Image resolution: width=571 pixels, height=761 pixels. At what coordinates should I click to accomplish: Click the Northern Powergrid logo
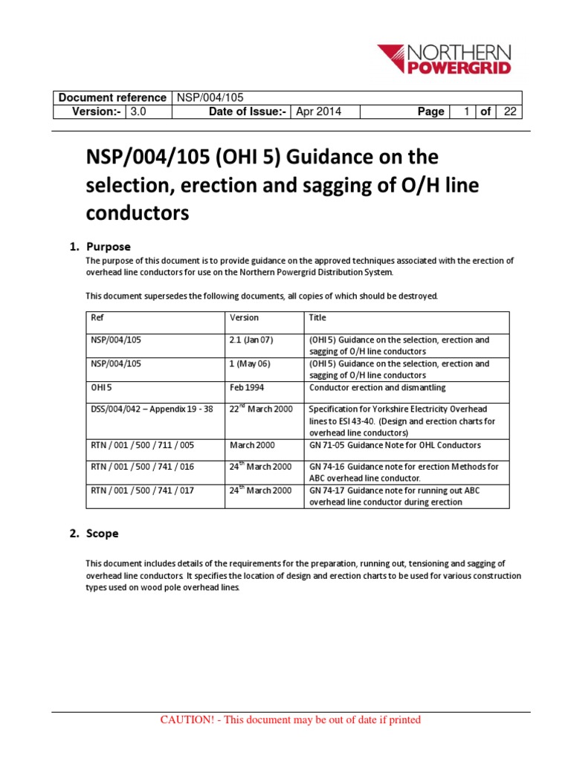pos(444,59)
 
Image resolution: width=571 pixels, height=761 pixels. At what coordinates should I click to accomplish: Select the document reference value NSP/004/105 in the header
pos(208,97)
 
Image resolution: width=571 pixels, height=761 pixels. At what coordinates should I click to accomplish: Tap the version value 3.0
pos(139,111)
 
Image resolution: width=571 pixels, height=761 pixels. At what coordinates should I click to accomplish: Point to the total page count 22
pos(509,111)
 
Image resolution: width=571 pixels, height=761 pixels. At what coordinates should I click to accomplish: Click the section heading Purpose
pos(108,246)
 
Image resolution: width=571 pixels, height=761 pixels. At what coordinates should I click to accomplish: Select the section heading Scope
pos(102,534)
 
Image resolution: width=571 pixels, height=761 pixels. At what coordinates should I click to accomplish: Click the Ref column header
pos(97,317)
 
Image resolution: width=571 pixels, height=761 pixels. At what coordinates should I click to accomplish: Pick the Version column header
pos(245,317)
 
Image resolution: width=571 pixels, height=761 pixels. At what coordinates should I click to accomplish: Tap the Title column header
pos(317,317)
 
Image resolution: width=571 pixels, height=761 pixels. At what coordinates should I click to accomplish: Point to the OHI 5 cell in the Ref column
pos(100,387)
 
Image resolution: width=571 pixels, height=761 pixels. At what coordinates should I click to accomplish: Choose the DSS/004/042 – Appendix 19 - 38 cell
pos(151,409)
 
